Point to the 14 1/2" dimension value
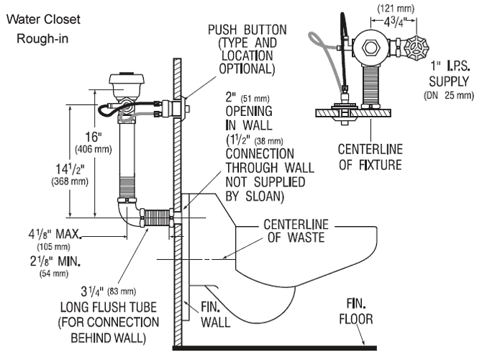tap(68, 170)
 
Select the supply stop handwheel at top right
tap(419, 49)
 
